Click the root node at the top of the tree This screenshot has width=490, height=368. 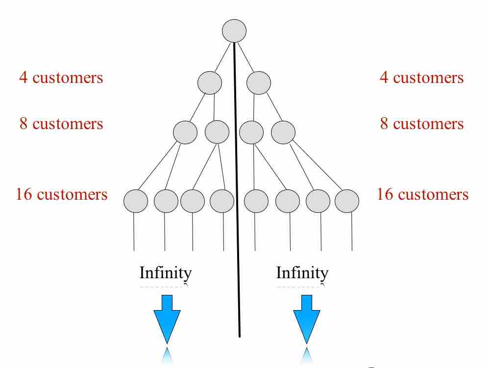pyautogui.click(x=234, y=31)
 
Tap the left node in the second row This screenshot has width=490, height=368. pyautogui.click(x=210, y=82)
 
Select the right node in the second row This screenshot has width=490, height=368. pyautogui.click(x=259, y=82)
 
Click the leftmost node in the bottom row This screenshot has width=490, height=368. pyautogui.click(x=136, y=201)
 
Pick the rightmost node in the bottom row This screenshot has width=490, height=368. pyautogui.click(x=347, y=201)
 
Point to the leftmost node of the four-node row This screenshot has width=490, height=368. pyautogui.click(x=185, y=132)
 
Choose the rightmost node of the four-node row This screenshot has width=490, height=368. pyautogui.click(x=283, y=132)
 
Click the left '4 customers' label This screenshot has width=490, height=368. pyautogui.click(x=61, y=78)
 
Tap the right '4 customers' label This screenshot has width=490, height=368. pyautogui.click(x=421, y=78)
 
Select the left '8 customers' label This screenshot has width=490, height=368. pyautogui.click(x=61, y=124)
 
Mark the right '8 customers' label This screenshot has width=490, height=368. pyautogui.click(x=421, y=124)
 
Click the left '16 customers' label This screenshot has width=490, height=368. pyautogui.click(x=61, y=194)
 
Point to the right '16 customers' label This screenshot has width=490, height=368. pyautogui.click(x=422, y=194)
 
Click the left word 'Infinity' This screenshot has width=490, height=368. pyautogui.click(x=165, y=273)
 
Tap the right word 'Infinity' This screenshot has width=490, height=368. pyautogui.click(x=302, y=273)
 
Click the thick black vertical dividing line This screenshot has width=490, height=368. pyautogui.click(x=238, y=196)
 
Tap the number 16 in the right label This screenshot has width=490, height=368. pyautogui.click(x=385, y=194)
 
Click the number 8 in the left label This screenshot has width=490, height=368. pyautogui.click(x=24, y=124)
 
